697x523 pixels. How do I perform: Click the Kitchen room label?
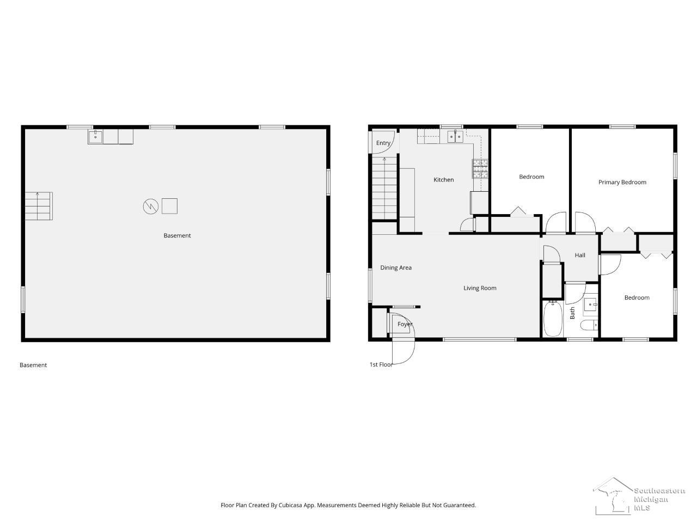coord(443,180)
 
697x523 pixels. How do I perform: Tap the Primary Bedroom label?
coord(622,183)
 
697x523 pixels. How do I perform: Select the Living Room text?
coord(480,288)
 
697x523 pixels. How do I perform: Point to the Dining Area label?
coord(396,267)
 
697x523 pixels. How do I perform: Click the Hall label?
coord(580,255)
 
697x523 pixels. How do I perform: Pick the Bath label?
coord(572,313)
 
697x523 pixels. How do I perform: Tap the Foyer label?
coord(405,324)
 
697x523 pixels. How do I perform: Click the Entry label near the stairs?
coord(383,143)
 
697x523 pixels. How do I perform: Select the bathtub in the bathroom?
coord(553,319)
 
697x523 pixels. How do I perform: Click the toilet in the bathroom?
coord(589,325)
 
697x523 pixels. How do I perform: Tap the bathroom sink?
coord(590,305)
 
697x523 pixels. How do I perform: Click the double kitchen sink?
coord(455,137)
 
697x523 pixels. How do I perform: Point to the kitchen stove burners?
coord(480,168)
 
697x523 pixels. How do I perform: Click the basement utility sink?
coord(95,137)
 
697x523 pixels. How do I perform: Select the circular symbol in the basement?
coord(150,206)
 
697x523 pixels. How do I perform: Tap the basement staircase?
coord(39,206)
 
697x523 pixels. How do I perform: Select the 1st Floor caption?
coord(381,364)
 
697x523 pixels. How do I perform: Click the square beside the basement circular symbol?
coord(169,206)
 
